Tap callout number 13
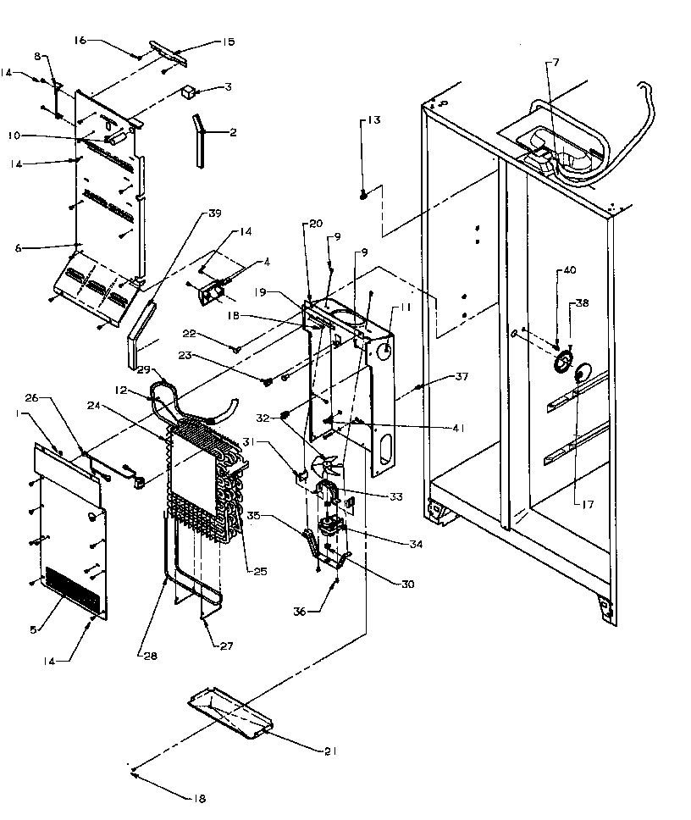(x=373, y=120)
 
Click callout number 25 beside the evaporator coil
(x=260, y=572)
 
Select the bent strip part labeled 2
(x=199, y=139)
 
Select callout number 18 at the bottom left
(x=200, y=797)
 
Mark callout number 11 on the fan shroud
(x=406, y=309)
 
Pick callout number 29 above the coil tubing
(x=143, y=370)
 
